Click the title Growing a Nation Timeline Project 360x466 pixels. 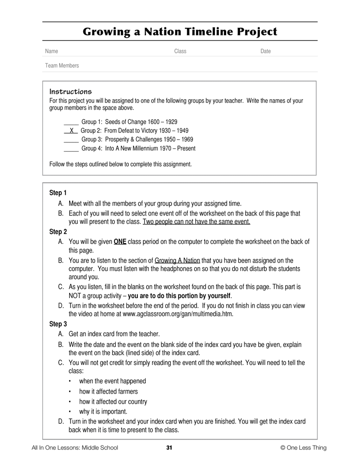click(180, 31)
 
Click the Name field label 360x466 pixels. click(51, 51)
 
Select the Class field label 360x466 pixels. click(180, 51)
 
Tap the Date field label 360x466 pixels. click(265, 51)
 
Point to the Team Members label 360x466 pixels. click(62, 66)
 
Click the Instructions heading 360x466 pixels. click(70, 91)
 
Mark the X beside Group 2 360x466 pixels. click(71, 131)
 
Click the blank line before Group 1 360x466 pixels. click(71, 122)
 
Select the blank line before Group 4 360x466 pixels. click(71, 149)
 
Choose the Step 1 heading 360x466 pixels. click(58, 193)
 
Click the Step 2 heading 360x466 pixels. click(58, 232)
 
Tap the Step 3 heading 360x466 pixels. click(58, 324)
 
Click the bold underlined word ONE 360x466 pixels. click(120, 242)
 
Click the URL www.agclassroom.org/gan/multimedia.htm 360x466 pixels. click(178, 314)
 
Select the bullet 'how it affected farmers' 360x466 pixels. click(108, 391)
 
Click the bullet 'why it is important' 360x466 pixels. click(103, 412)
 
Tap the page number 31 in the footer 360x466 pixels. click(169, 448)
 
